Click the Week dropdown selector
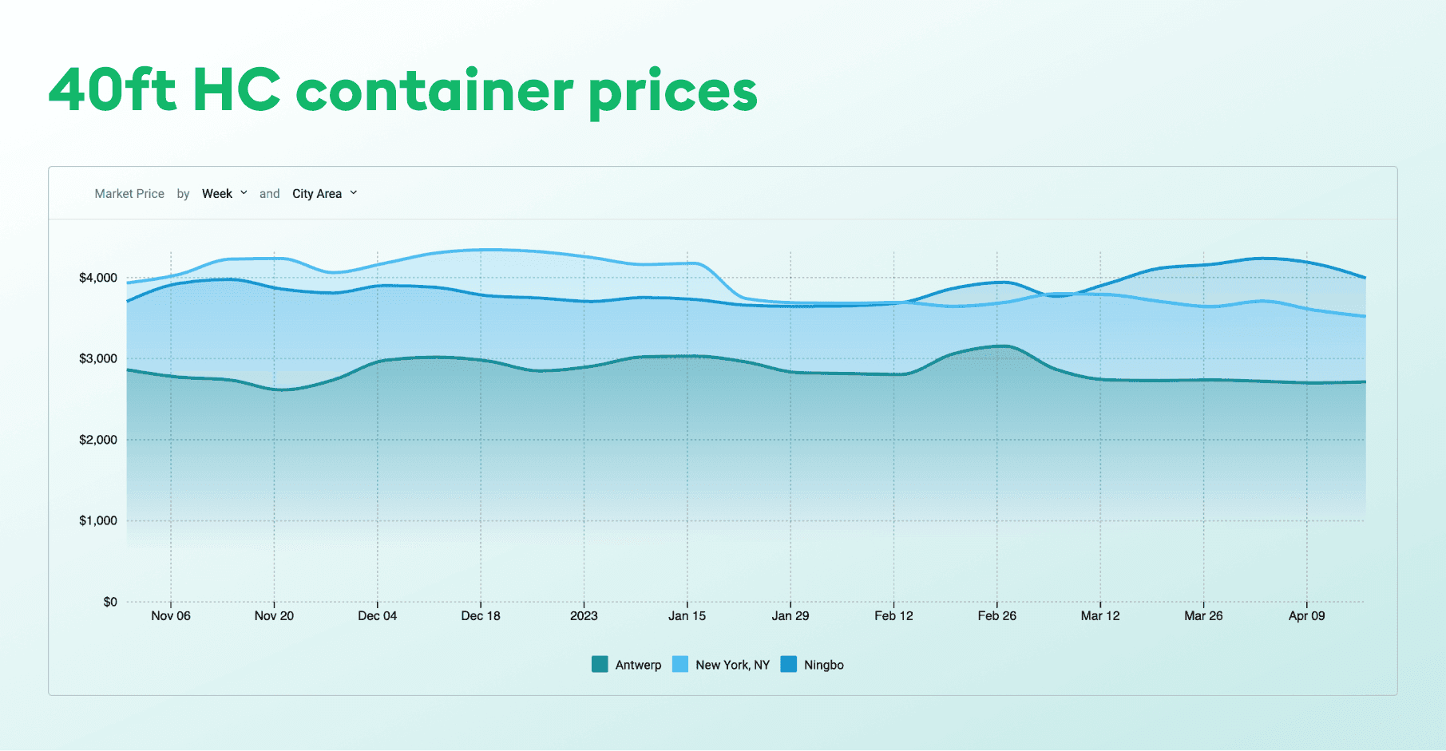point(224,193)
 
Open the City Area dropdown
point(324,193)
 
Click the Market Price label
point(129,193)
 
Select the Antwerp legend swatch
point(600,664)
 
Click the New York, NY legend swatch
point(680,664)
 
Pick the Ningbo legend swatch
point(788,664)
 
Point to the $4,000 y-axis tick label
point(97,278)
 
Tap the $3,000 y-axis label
point(97,358)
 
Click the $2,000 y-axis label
point(97,440)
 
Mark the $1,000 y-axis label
point(97,520)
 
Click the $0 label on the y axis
point(110,602)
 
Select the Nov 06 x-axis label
point(171,615)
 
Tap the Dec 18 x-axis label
point(481,615)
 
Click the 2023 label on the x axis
point(584,615)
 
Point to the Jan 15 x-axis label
point(687,615)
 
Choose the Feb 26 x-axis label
point(996,615)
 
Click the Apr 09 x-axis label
point(1306,615)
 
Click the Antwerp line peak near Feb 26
point(1004,346)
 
